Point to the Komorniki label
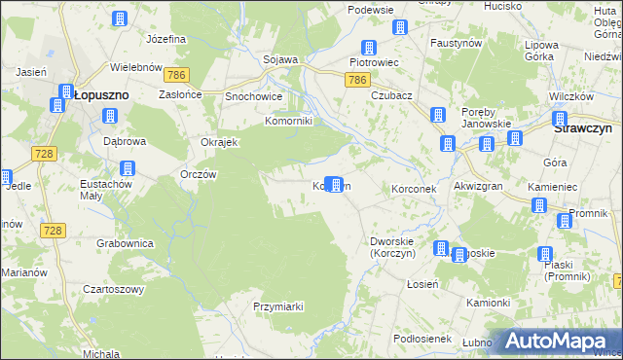pos(288,121)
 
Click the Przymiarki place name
pos(279,305)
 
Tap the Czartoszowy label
pos(113,289)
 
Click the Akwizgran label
pos(477,188)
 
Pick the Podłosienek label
pos(421,337)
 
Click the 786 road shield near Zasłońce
pos(175,74)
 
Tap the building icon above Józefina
pos(120,18)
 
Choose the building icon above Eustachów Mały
pos(128,168)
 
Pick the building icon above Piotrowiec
pos(369,47)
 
